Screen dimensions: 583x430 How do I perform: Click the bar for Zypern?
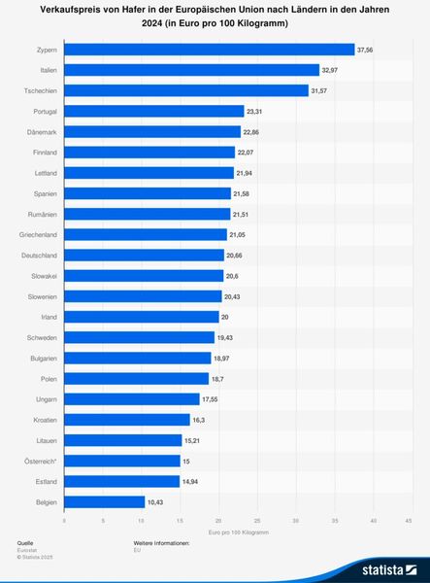[x=209, y=49]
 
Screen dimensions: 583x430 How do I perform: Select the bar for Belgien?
[x=104, y=501]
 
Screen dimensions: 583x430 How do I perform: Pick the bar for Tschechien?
[x=185, y=90]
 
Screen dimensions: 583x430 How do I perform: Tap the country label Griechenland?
[x=38, y=234]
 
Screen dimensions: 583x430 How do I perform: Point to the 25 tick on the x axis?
[x=256, y=522]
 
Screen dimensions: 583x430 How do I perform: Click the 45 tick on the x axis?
[x=410, y=522]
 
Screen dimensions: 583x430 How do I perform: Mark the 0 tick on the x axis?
[x=65, y=522]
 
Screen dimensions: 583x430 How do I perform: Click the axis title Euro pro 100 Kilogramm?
[x=237, y=533]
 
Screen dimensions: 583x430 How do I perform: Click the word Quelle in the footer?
[x=24, y=543]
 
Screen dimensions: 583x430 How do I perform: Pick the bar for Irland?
[x=142, y=317]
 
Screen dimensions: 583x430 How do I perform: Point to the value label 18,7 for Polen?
[x=220, y=378]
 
